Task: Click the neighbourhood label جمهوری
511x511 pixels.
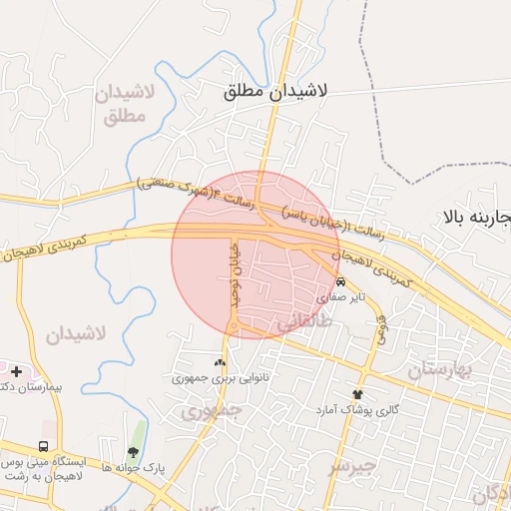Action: (212, 410)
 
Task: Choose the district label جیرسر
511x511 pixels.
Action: (354, 466)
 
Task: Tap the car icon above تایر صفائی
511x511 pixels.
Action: (341, 281)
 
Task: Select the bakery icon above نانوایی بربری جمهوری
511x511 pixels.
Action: (220, 362)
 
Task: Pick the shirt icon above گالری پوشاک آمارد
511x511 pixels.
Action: (357, 394)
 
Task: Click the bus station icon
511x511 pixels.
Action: (43, 446)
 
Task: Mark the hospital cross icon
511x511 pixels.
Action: (17, 371)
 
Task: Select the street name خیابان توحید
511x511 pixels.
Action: (237, 273)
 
